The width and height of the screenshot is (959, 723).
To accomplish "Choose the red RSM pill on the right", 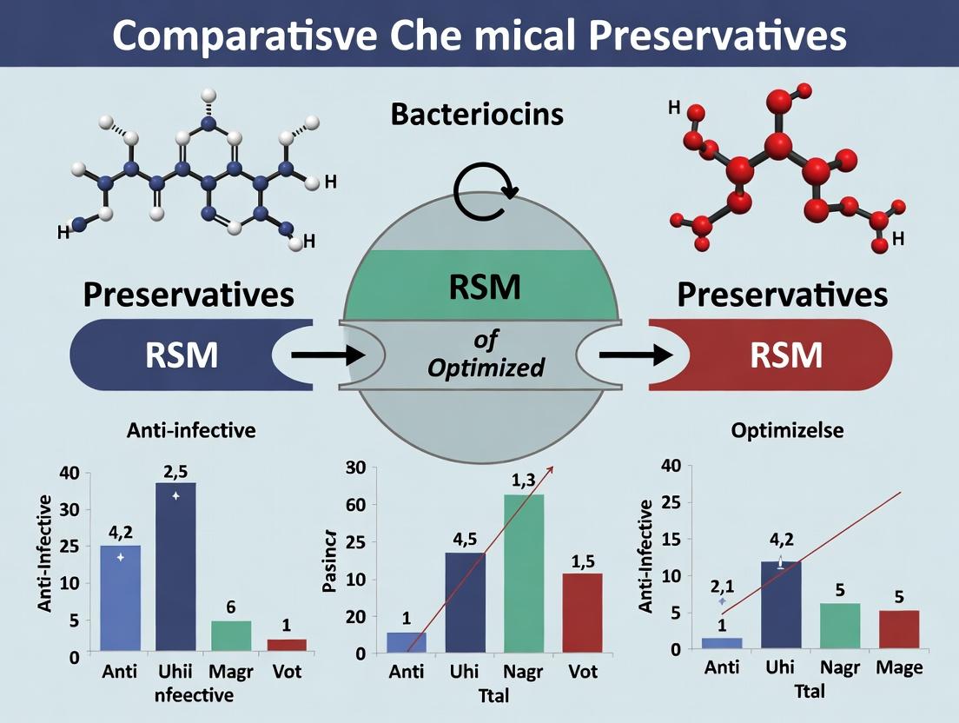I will (x=786, y=355).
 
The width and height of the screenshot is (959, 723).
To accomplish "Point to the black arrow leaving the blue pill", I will (x=327, y=355).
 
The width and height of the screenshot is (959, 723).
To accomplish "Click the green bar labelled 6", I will (x=230, y=635).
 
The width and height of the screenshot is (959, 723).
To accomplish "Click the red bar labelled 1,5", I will (x=581, y=611).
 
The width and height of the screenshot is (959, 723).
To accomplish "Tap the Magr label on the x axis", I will (x=230, y=672).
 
